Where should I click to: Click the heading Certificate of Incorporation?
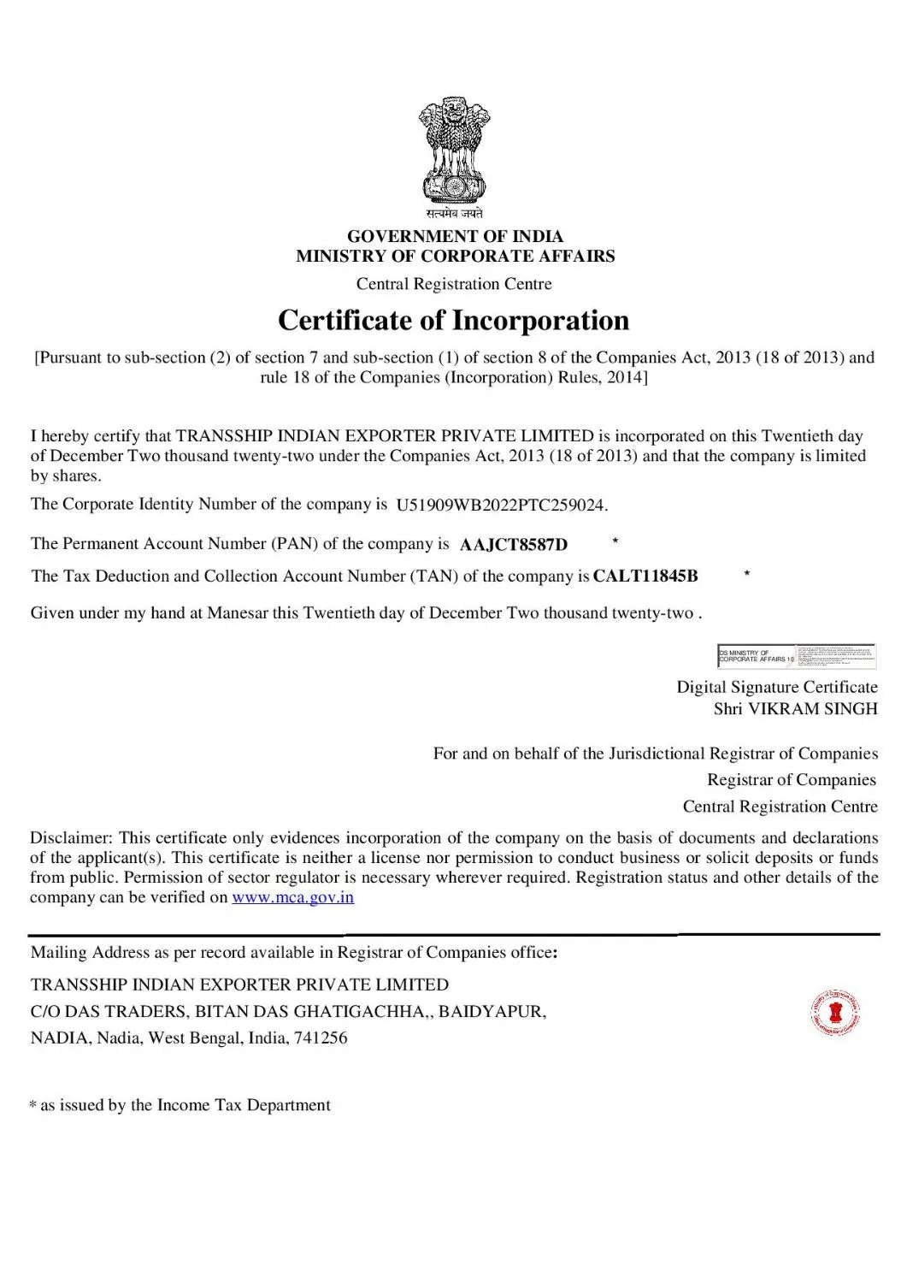(454, 321)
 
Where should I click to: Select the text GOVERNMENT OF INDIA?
(454, 236)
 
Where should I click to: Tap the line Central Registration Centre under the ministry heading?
(454, 284)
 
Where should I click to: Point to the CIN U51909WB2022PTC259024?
(502, 505)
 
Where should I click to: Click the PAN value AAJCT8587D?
(514, 545)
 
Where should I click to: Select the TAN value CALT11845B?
(645, 576)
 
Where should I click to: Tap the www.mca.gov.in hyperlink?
(292, 897)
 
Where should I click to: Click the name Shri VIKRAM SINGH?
(795, 709)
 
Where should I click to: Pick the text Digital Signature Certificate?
(777, 687)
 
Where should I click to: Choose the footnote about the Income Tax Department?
(180, 1105)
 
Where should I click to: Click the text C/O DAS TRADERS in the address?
(110, 1012)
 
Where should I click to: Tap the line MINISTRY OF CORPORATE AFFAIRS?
(454, 256)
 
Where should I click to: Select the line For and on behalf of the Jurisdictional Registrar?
(655, 754)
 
